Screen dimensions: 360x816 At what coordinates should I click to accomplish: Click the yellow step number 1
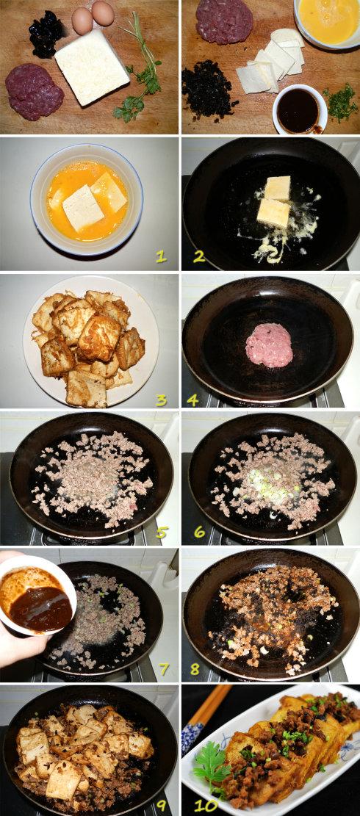pos(162,256)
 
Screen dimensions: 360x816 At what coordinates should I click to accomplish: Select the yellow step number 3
pos(162,400)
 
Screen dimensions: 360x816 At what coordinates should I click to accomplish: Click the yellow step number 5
pos(162,532)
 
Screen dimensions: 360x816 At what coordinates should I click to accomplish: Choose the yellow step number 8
pos(195,668)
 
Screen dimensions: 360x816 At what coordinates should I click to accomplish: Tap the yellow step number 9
pos(162,806)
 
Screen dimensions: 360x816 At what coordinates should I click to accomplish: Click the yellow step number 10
pos(206,806)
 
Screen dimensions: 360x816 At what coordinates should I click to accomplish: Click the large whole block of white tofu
pos(92,67)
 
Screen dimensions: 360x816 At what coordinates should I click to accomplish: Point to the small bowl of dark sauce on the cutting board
pos(299,109)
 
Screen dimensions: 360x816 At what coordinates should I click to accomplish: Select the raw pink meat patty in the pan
pos(270,345)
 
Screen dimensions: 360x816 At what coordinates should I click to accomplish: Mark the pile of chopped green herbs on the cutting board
pos(341,104)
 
